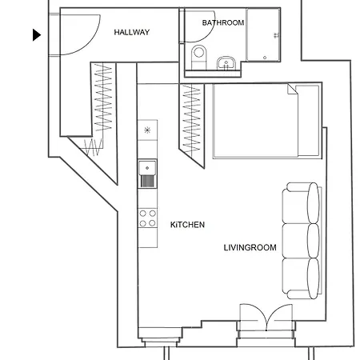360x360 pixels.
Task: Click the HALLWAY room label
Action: click(x=132, y=32)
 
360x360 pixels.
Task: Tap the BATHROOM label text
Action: click(x=223, y=22)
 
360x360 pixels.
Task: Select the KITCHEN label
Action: click(x=187, y=225)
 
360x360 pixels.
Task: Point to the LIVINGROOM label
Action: click(x=250, y=247)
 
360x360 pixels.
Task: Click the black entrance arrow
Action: click(x=37, y=35)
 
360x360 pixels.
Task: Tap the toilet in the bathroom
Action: click(x=199, y=57)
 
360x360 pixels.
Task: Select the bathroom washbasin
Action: click(x=226, y=63)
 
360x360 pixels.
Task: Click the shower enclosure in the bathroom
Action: click(x=263, y=35)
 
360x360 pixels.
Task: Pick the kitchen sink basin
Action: click(x=147, y=168)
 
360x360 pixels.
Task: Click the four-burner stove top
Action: click(x=147, y=218)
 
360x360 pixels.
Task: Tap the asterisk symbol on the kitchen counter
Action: click(x=147, y=130)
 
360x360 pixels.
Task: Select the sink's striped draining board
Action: click(x=147, y=182)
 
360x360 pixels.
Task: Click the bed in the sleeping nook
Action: click(x=266, y=121)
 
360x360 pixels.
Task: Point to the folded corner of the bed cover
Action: click(x=293, y=89)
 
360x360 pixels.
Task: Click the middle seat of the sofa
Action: click(x=301, y=241)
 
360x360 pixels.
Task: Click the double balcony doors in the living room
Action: click(x=266, y=318)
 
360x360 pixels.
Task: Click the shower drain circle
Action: click(x=265, y=58)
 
